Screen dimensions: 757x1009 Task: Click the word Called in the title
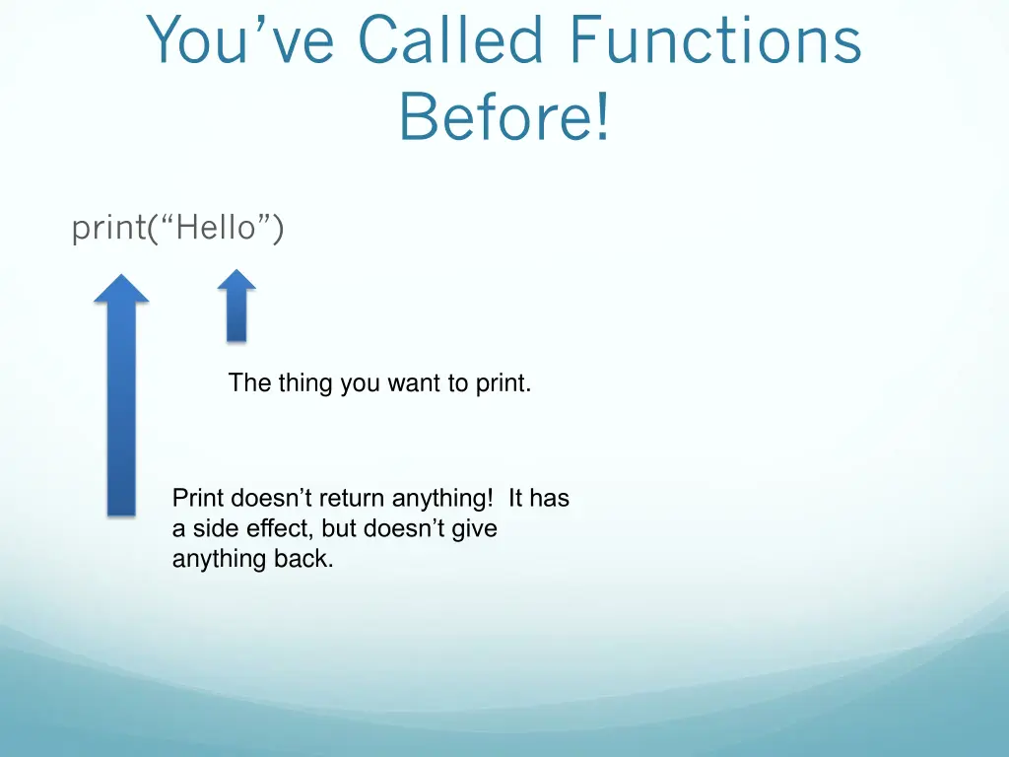pos(451,41)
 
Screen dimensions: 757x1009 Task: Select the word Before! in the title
pos(504,116)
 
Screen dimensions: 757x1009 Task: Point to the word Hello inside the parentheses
pos(216,229)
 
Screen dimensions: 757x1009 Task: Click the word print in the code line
pos(108,229)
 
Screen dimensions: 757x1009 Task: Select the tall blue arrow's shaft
pos(121,414)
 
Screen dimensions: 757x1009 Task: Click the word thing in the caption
pos(305,382)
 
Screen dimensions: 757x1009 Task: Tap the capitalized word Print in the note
pos(198,499)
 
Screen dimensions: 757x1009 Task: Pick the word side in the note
pos(214,529)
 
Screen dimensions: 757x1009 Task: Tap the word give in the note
pos(474,529)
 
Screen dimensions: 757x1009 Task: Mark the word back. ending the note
pos(303,560)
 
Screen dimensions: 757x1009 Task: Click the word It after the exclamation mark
pos(516,499)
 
